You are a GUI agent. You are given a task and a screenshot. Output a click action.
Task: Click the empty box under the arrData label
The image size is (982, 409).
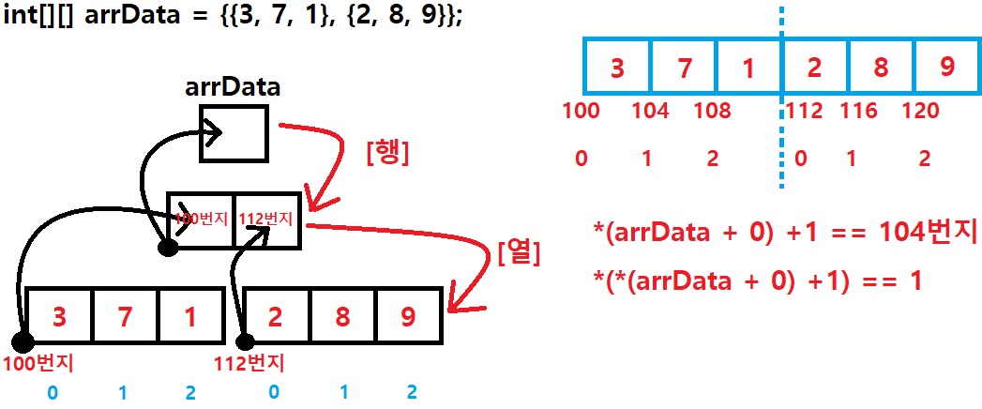click(x=234, y=133)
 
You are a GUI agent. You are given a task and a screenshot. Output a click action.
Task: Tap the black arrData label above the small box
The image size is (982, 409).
click(x=233, y=87)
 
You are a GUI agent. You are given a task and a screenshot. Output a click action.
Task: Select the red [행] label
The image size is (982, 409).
click(x=386, y=151)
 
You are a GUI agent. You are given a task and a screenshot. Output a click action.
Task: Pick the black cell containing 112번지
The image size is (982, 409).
click(x=266, y=220)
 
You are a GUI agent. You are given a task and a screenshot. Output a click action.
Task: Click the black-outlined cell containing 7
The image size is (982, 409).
click(x=125, y=317)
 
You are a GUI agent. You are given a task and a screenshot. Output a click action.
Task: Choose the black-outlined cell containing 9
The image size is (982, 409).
click(x=407, y=317)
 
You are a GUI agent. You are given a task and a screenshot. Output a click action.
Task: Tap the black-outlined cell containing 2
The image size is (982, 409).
click(x=277, y=317)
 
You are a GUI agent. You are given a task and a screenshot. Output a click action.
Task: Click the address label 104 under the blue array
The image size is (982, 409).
click(x=650, y=112)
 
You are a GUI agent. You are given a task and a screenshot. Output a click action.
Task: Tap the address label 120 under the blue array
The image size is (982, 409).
click(x=920, y=112)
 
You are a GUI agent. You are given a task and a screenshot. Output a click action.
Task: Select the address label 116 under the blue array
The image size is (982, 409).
click(x=858, y=112)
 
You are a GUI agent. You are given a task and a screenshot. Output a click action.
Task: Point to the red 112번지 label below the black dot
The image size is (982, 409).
click(x=250, y=362)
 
